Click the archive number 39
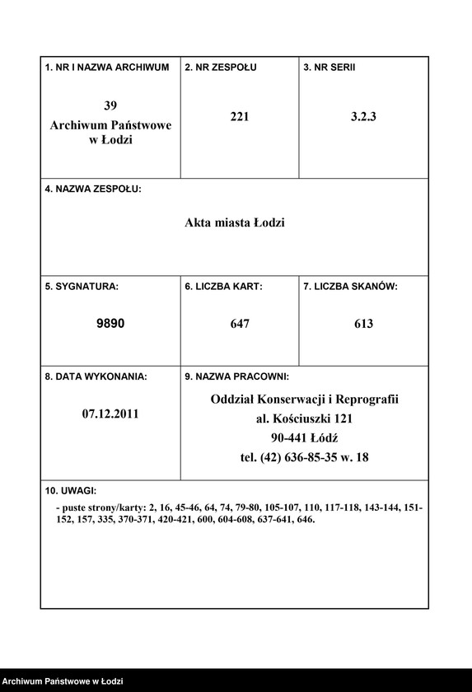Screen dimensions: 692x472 click(110, 105)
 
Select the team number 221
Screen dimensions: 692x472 click(240, 117)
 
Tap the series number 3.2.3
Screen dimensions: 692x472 click(363, 117)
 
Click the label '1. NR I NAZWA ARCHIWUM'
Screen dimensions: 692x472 click(107, 67)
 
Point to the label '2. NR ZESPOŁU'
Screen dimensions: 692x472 click(221, 67)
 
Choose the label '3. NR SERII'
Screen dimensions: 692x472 click(329, 67)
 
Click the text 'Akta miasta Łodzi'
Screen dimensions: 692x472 click(234, 222)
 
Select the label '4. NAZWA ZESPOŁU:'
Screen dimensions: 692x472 click(93, 189)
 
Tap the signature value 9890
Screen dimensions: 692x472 click(110, 324)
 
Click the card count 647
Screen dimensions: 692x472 click(240, 324)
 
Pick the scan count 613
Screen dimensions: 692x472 click(363, 324)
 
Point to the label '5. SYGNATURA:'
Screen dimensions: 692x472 click(82, 287)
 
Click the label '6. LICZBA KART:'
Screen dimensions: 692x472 click(223, 287)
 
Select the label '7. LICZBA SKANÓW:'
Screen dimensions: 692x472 click(350, 287)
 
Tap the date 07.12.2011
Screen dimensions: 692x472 click(110, 414)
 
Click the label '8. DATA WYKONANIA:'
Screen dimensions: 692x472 click(96, 376)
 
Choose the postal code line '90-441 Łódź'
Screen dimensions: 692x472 click(304, 437)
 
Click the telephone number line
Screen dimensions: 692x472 click(304, 457)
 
